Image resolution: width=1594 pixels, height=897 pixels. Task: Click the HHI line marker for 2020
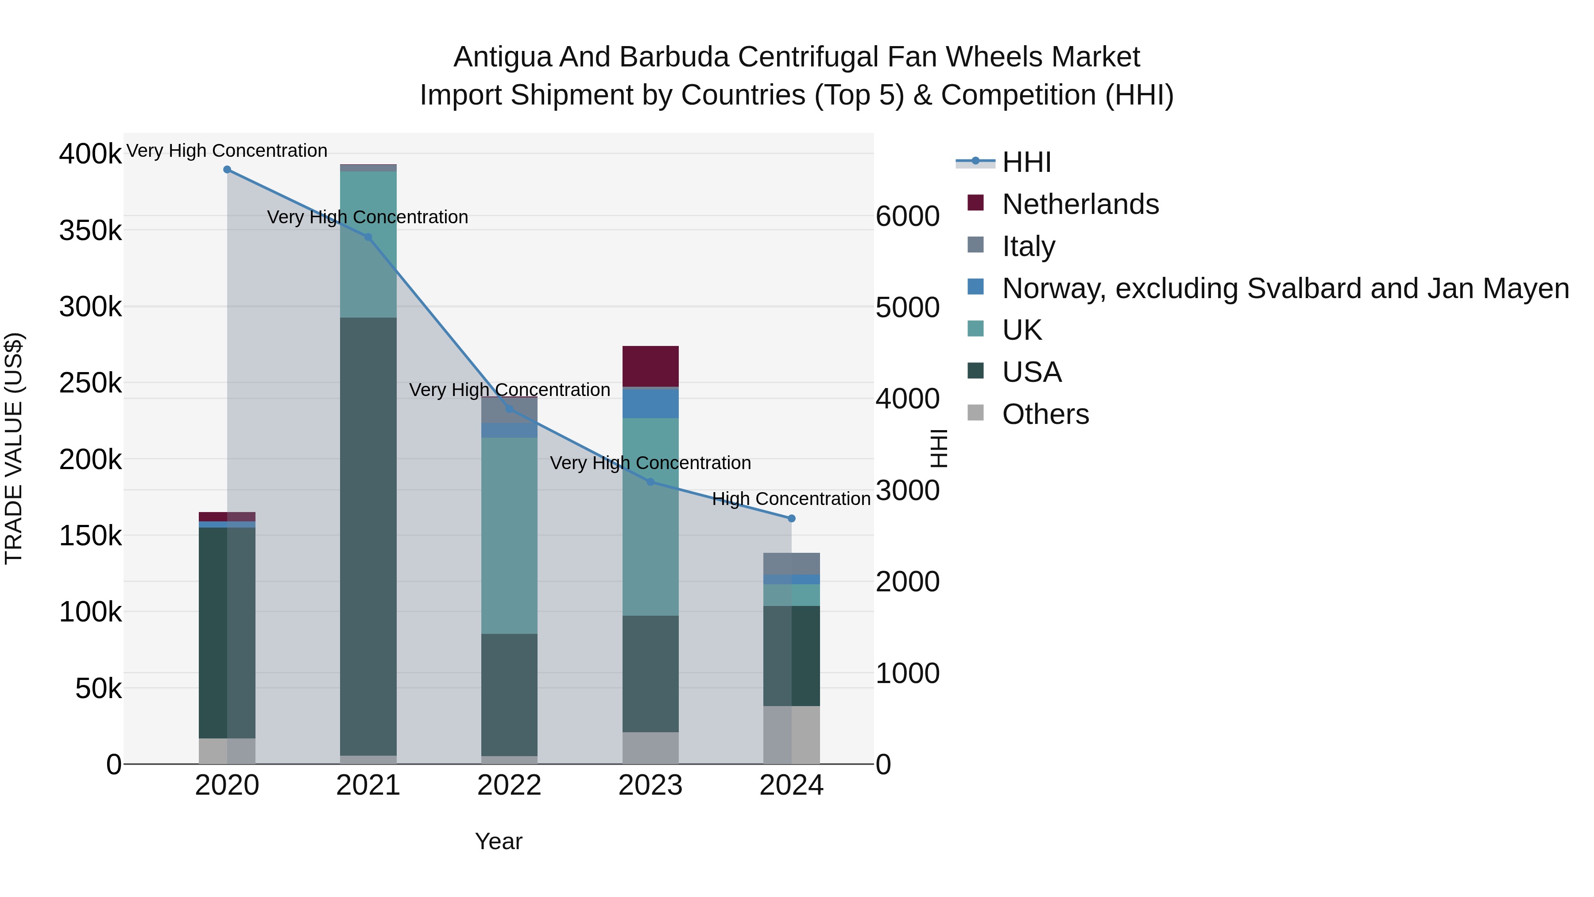[x=227, y=170]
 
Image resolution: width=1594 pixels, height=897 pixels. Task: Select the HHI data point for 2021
[x=368, y=237]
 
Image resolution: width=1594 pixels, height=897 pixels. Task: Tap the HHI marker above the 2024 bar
[x=791, y=519]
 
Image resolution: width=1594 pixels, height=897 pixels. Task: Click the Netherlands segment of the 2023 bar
[x=650, y=366]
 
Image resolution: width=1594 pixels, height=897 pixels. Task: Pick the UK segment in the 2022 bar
[x=509, y=536]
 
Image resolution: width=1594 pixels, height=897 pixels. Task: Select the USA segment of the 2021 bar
[x=368, y=536]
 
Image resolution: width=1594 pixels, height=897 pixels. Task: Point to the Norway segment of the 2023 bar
[x=650, y=403]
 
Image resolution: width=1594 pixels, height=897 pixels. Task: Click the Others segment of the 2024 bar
[x=791, y=735]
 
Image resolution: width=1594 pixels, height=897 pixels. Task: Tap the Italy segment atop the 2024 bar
[x=791, y=564]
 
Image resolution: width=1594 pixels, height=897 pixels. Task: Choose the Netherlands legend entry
[x=1080, y=204]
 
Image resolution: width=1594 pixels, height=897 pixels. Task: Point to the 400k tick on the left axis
[x=90, y=154]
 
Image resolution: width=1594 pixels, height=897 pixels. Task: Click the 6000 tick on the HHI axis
[x=908, y=216]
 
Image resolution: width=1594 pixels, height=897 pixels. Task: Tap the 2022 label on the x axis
[x=509, y=785]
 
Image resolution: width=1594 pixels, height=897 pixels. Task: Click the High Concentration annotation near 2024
[x=791, y=499]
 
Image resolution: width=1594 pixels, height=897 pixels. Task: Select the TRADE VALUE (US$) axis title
[x=14, y=448]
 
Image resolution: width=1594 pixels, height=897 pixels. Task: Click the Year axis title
[x=499, y=841]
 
